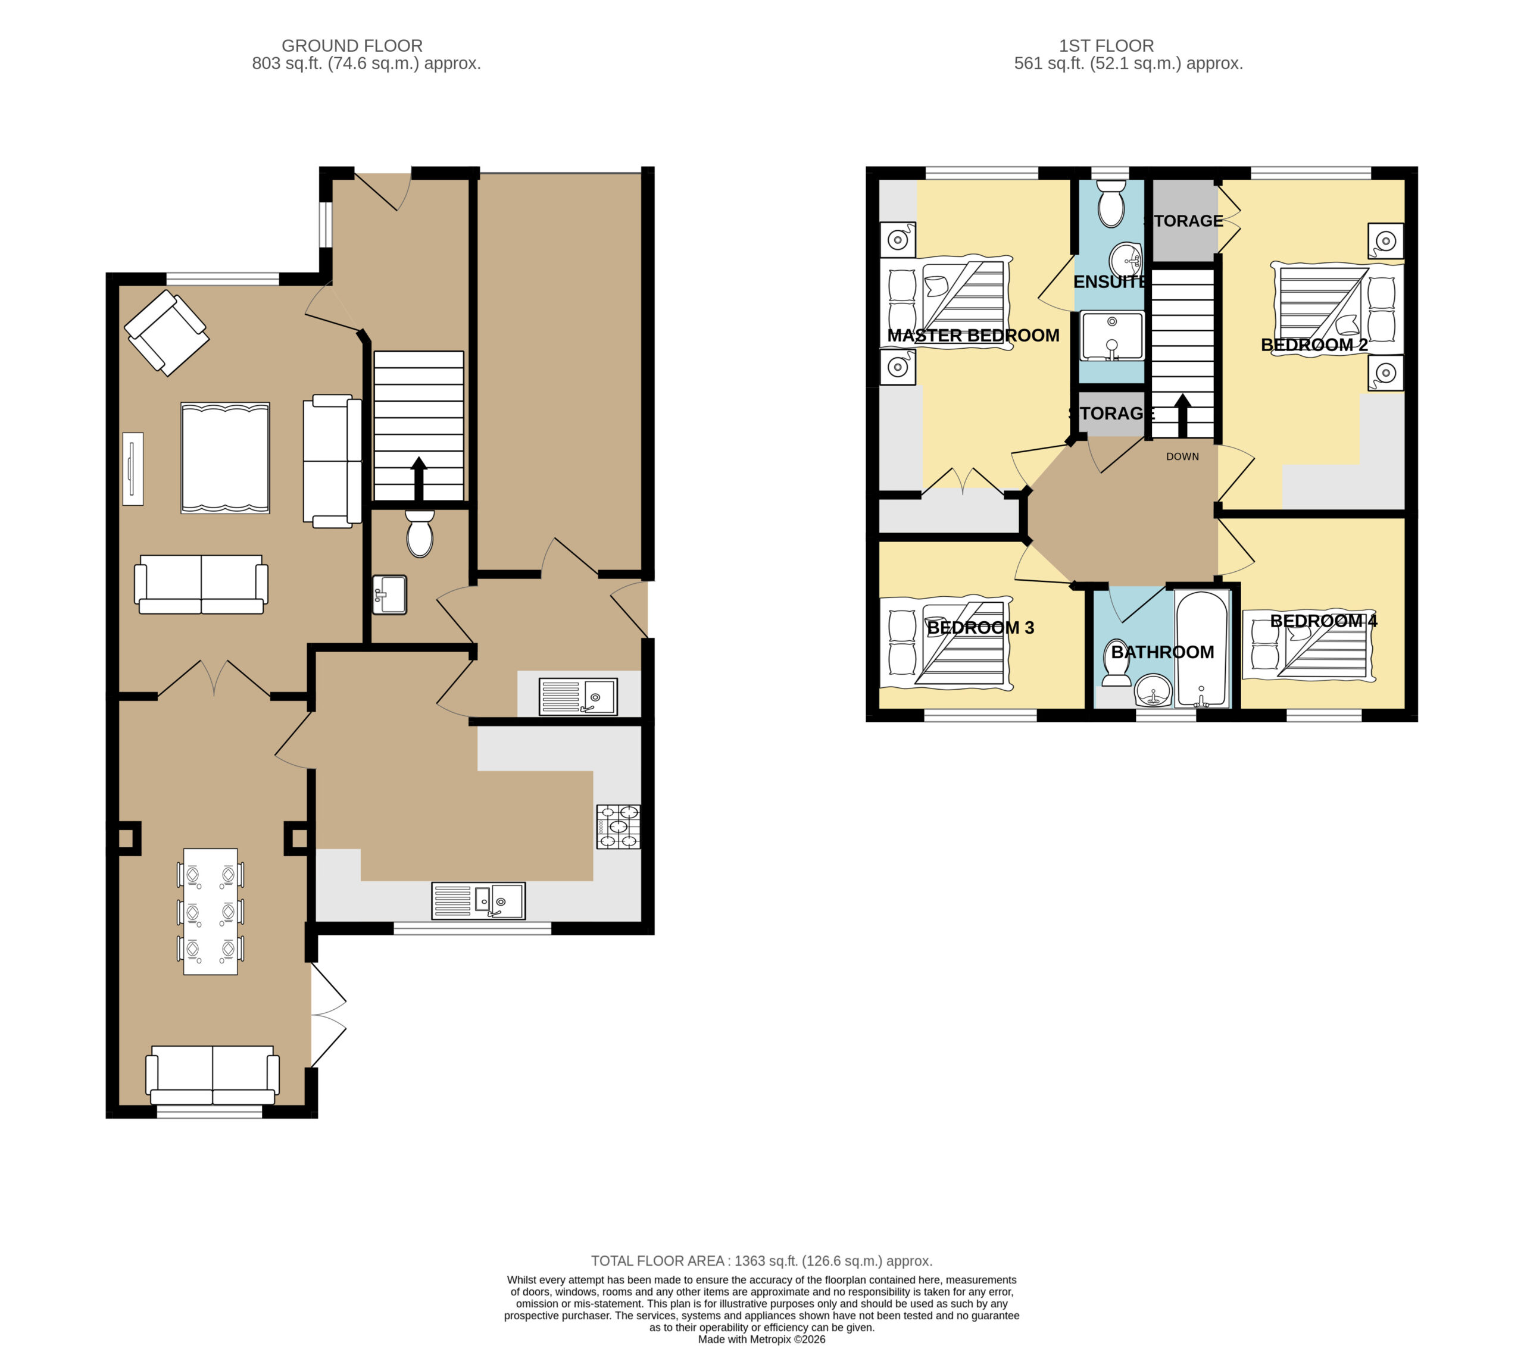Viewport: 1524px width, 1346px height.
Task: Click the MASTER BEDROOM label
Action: tap(973, 336)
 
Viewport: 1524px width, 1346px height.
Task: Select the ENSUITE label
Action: tap(1110, 281)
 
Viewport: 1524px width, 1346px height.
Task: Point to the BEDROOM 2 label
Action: tap(1314, 345)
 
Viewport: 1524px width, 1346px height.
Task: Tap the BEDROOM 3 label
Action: tap(980, 628)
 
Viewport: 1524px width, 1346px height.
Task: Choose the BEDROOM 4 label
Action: tap(1323, 621)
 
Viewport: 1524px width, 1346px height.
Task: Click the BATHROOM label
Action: tap(1163, 652)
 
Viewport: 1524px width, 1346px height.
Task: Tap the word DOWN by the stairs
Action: tap(1182, 457)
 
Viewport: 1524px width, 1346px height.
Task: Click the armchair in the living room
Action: tap(166, 333)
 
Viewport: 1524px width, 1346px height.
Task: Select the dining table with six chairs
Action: tap(210, 912)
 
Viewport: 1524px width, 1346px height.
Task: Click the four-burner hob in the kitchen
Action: tap(618, 827)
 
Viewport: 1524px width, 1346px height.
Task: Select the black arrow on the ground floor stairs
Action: tap(419, 478)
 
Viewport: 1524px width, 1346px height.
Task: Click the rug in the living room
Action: tap(225, 458)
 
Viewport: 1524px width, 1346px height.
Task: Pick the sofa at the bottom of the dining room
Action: tap(213, 1075)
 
